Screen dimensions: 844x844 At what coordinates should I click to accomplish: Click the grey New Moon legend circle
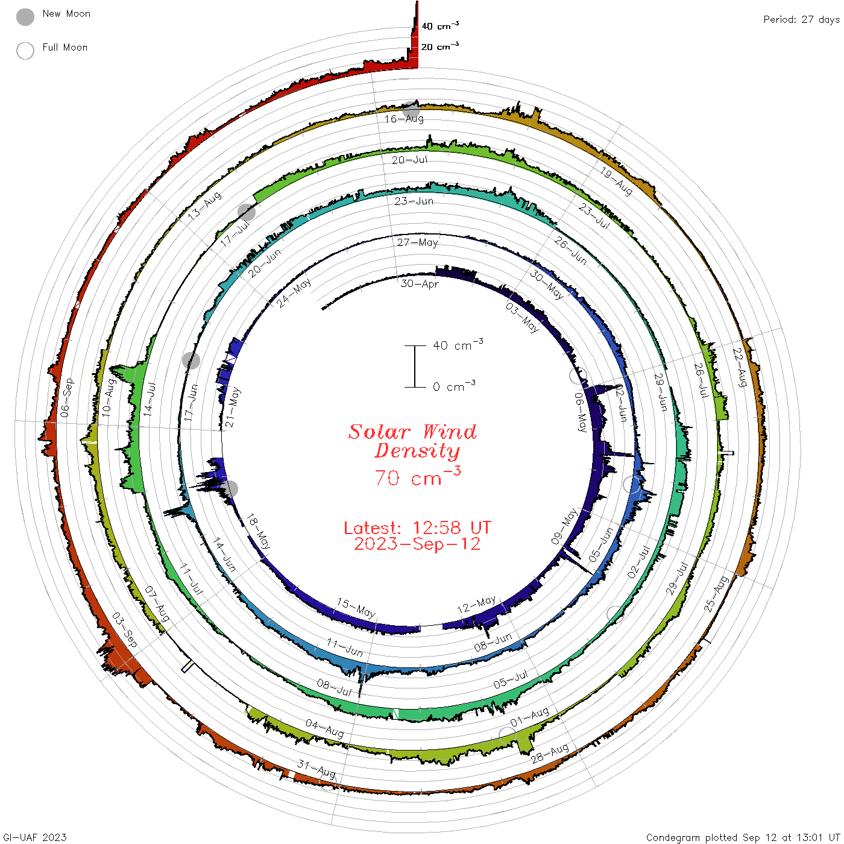click(25, 17)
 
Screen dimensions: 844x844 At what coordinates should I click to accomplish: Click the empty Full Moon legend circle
click(25, 51)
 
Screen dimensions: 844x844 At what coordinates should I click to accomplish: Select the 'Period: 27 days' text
click(802, 20)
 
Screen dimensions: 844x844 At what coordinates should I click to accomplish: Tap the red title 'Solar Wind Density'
click(412, 441)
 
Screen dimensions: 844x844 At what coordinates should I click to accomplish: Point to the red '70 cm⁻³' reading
click(418, 476)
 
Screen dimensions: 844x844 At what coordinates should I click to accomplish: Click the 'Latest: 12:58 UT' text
click(417, 527)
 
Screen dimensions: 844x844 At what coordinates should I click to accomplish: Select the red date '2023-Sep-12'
click(417, 544)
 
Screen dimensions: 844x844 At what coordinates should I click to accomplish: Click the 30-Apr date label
click(419, 284)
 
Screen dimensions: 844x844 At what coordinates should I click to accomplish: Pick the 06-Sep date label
click(67, 398)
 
